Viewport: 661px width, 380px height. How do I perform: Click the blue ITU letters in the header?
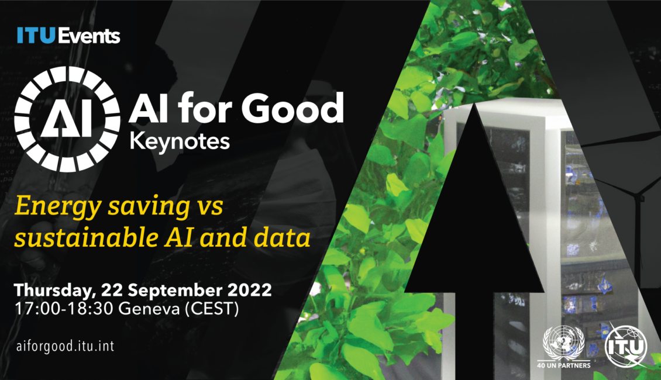(x=36, y=36)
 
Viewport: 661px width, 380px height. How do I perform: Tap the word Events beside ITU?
(x=88, y=36)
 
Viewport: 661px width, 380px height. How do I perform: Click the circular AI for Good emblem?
(x=67, y=119)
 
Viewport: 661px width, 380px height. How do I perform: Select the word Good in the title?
(x=292, y=108)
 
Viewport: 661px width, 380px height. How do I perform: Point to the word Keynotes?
(x=180, y=141)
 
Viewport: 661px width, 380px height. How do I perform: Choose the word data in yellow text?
(x=282, y=237)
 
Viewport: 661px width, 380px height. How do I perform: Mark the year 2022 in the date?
(x=250, y=291)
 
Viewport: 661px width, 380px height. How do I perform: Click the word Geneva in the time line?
(x=149, y=309)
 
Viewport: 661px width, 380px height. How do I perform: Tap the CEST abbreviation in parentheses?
(x=212, y=309)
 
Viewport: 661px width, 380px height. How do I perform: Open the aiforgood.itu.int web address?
(x=65, y=346)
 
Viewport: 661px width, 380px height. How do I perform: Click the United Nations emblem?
(x=564, y=342)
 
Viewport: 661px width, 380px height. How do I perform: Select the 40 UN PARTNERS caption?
(x=564, y=365)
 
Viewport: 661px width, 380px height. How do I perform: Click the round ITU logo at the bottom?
(x=625, y=346)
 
